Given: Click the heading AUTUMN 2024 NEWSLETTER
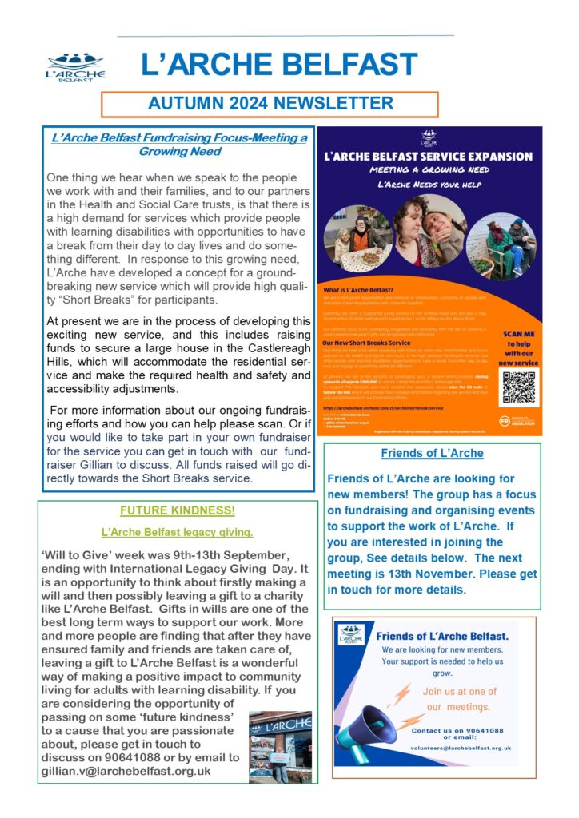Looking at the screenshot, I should click(x=270, y=104).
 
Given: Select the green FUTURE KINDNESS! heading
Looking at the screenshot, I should click(x=177, y=510).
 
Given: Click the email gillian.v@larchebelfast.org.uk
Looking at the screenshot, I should click(x=126, y=772).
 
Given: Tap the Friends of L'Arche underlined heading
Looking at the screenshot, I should click(x=432, y=454).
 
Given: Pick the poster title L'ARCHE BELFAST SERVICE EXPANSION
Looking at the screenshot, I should click(x=428, y=157).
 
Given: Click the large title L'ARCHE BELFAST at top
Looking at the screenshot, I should click(x=278, y=65).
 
